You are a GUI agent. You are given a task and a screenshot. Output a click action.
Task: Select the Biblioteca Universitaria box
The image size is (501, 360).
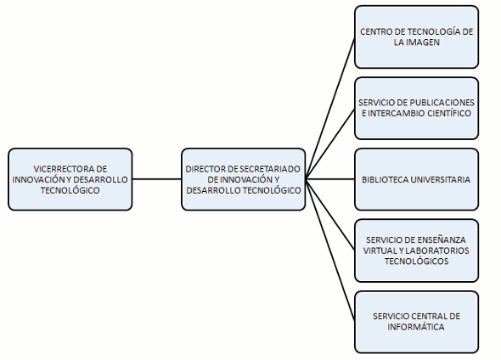(416, 179)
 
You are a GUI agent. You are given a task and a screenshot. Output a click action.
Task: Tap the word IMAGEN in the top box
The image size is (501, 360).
(425, 42)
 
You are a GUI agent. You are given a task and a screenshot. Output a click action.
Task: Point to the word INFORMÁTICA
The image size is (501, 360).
(416, 327)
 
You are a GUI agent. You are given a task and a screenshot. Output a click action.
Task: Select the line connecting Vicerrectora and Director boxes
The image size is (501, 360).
(157, 179)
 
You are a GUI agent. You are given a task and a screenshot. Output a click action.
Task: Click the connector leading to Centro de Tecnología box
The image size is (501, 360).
(330, 109)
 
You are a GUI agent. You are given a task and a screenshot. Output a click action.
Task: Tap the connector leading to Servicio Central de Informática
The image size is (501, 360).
(330, 250)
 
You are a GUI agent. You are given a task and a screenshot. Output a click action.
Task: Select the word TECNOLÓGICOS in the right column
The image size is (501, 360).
(416, 262)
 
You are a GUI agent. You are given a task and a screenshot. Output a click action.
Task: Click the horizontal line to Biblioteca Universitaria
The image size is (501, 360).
(330, 179)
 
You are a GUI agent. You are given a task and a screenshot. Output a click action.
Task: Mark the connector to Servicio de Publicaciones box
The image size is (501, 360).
(330, 144)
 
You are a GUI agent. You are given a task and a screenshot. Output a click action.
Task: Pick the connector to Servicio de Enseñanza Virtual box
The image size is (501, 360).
(330, 214)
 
